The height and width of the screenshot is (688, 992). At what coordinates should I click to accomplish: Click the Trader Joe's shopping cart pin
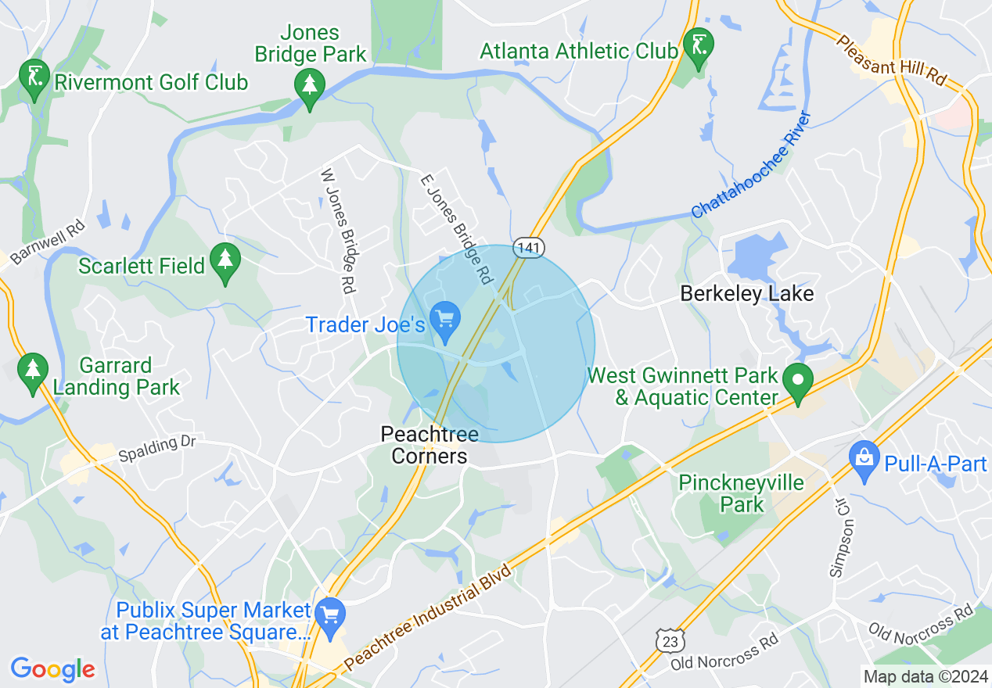pyautogui.click(x=446, y=321)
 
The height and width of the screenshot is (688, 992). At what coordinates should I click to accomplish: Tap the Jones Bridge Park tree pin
pyautogui.click(x=310, y=87)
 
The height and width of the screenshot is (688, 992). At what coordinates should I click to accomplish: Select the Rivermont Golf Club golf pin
pyautogui.click(x=34, y=77)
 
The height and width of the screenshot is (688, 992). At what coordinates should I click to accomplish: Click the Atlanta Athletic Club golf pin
pyautogui.click(x=696, y=46)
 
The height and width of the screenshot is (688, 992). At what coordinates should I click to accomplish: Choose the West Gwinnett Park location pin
pyautogui.click(x=798, y=382)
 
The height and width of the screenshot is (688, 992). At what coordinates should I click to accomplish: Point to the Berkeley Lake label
pyautogui.click(x=746, y=294)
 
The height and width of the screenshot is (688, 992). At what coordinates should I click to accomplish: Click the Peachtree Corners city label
pyautogui.click(x=429, y=445)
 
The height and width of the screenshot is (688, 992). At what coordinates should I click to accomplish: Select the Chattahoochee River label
pyautogui.click(x=751, y=165)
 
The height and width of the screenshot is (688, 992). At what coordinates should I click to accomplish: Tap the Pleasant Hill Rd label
pyautogui.click(x=891, y=60)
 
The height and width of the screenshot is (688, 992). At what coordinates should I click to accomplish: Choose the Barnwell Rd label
pyautogui.click(x=42, y=243)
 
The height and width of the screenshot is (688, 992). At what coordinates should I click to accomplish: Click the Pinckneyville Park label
pyautogui.click(x=741, y=493)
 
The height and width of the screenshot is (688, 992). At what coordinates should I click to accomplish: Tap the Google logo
pyautogui.click(x=52, y=669)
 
